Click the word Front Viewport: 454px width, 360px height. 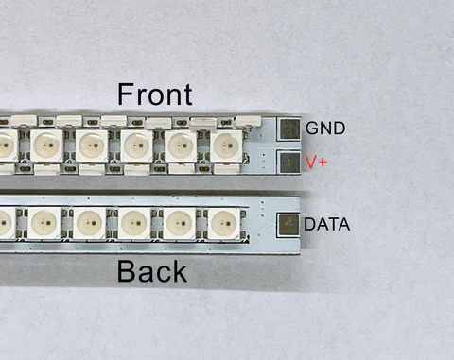tap(154, 94)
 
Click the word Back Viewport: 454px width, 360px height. tap(151, 272)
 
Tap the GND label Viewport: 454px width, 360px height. tap(325, 128)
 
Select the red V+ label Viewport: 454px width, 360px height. tap(317, 162)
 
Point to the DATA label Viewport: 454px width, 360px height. tap(327, 225)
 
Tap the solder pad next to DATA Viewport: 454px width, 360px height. tap(288, 225)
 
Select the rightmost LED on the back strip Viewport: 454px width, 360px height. tap(221, 224)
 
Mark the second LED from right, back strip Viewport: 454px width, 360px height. tap(177, 224)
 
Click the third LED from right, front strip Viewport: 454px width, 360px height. tap(136, 146)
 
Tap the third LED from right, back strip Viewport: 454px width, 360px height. tap(133, 224)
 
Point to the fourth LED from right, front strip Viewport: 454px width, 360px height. tap(92, 146)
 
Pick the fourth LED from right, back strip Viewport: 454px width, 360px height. tap(89, 224)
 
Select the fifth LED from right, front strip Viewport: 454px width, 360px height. tap(47, 146)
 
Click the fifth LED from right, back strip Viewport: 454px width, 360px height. tap(44, 224)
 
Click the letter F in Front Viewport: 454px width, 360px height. tap(126, 94)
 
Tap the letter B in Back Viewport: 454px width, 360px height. tap(126, 272)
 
